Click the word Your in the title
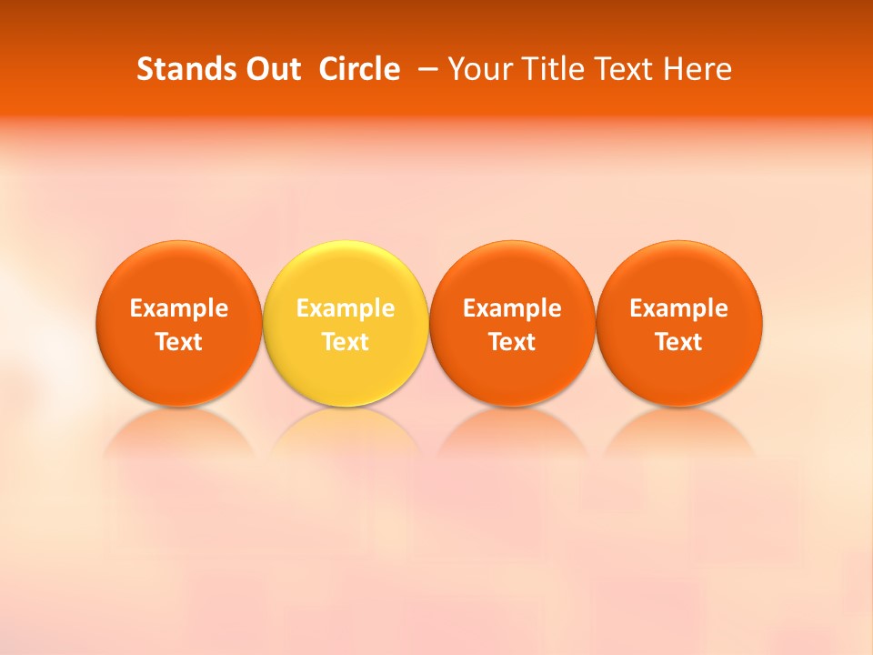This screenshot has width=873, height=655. [477, 69]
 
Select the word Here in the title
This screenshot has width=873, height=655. [697, 69]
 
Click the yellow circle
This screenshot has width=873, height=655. [346, 273]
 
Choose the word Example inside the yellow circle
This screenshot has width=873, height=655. [346, 308]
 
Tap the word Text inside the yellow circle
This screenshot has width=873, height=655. [346, 342]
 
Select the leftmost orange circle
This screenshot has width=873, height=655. [179, 273]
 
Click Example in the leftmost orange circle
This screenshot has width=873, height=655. [179, 308]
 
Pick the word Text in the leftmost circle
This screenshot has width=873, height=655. [179, 342]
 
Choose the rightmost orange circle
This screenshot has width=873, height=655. [679, 273]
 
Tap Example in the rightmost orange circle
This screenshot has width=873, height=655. [679, 308]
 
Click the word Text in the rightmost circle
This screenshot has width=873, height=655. [679, 342]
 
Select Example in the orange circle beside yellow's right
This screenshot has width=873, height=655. [512, 308]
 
